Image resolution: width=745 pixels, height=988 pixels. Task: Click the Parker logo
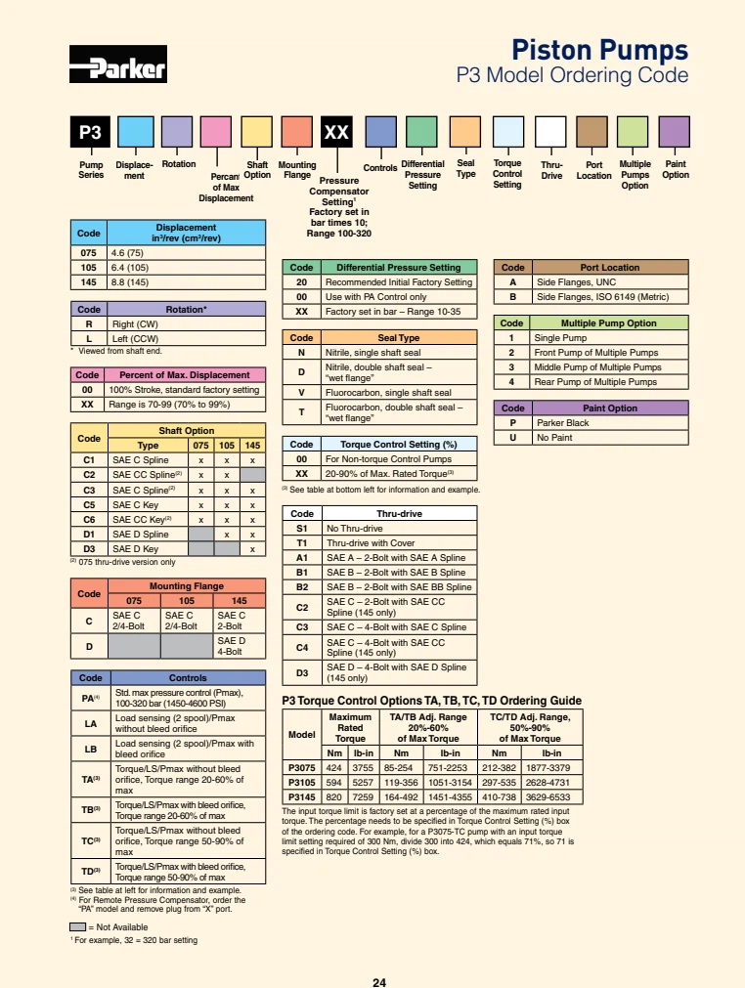[x=117, y=67]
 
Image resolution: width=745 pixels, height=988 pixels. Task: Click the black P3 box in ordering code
[x=90, y=132]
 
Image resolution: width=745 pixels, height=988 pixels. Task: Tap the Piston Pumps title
[x=601, y=50]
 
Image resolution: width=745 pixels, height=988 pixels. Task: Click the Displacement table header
[x=185, y=233]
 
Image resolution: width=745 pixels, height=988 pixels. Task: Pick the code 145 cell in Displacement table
[x=88, y=282]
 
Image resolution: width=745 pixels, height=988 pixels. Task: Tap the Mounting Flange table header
[x=186, y=585]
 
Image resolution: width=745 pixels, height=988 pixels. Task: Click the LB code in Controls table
[x=89, y=749]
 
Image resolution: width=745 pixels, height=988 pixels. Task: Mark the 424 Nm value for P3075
[x=334, y=767]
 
